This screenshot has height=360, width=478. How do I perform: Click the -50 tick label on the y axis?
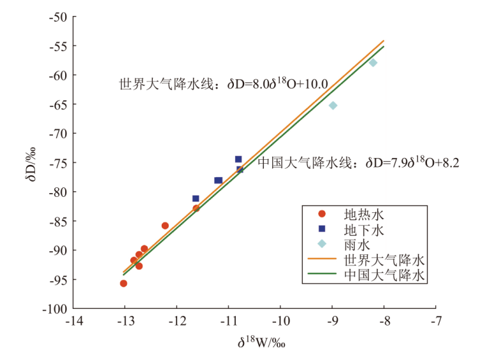click(58, 17)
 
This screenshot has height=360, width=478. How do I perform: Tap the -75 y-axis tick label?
click(58, 162)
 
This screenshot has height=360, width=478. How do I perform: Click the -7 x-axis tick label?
click(436, 320)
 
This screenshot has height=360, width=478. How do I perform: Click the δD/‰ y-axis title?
click(30, 163)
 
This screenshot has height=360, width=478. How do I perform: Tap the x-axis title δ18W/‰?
click(261, 343)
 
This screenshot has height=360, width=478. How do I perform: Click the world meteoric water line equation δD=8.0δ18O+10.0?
click(224, 84)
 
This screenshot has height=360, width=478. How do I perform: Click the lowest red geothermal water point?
click(123, 283)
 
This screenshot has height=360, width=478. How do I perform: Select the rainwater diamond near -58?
click(373, 63)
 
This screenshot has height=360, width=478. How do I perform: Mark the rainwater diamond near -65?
click(333, 106)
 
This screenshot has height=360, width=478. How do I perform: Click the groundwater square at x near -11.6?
click(196, 199)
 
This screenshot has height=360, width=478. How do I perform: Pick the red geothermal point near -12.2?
click(165, 226)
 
